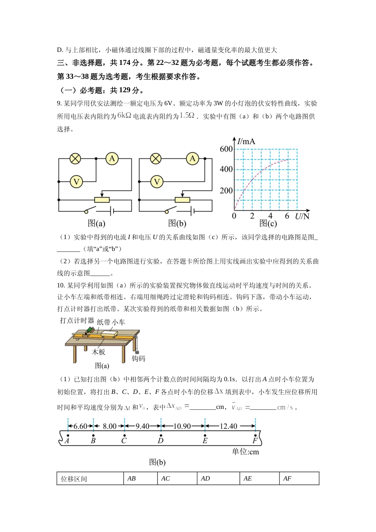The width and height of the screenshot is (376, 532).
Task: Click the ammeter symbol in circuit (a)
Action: (x=112, y=159)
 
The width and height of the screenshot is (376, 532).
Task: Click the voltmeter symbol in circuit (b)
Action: (x=157, y=182)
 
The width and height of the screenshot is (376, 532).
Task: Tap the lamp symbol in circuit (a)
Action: (x=75, y=159)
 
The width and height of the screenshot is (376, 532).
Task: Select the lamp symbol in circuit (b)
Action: (x=156, y=159)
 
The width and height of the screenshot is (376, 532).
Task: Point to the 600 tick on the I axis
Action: (x=226, y=149)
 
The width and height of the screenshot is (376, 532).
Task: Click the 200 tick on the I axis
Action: (x=226, y=191)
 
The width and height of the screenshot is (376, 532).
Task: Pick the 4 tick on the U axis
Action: (x=270, y=216)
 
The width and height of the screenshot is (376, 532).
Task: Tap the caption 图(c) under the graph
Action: (x=268, y=224)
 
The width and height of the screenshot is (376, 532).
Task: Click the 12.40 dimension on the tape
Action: (x=228, y=426)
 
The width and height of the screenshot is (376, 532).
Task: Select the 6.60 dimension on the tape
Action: (x=80, y=426)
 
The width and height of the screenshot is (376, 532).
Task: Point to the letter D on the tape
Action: (x=160, y=441)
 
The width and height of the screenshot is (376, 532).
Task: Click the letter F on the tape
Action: (x=255, y=441)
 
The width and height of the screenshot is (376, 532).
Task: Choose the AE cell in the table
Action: (x=248, y=479)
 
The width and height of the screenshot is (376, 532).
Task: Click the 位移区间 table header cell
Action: (x=74, y=479)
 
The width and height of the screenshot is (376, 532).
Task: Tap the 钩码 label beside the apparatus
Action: (x=139, y=359)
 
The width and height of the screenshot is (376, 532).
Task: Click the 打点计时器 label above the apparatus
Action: (x=77, y=321)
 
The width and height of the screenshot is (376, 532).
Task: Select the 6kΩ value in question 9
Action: (x=124, y=116)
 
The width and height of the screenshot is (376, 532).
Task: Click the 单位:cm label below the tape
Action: (x=245, y=452)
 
